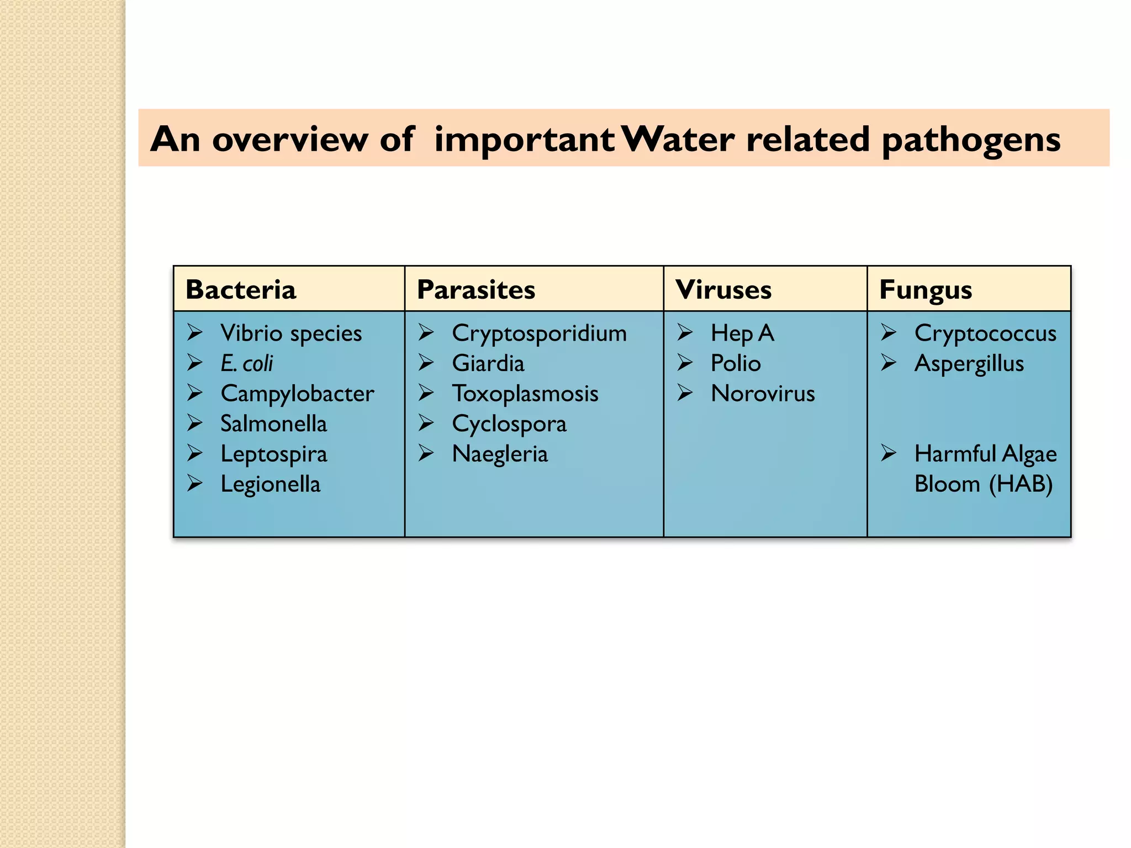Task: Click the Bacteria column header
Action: click(241, 290)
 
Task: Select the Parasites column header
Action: click(475, 290)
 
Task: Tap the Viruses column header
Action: click(723, 290)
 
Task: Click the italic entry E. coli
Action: click(246, 364)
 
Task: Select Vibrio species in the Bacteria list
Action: click(291, 333)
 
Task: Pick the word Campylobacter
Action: click(297, 394)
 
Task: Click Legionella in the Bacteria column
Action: click(270, 484)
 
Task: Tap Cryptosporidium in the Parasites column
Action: click(539, 333)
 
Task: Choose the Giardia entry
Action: click(488, 364)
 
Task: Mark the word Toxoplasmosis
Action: click(525, 394)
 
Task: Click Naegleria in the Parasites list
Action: click(500, 454)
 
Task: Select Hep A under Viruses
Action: click(742, 333)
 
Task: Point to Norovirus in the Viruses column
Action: click(763, 394)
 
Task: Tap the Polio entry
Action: click(736, 364)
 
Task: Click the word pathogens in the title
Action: click(971, 140)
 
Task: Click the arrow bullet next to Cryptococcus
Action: click(889, 332)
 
